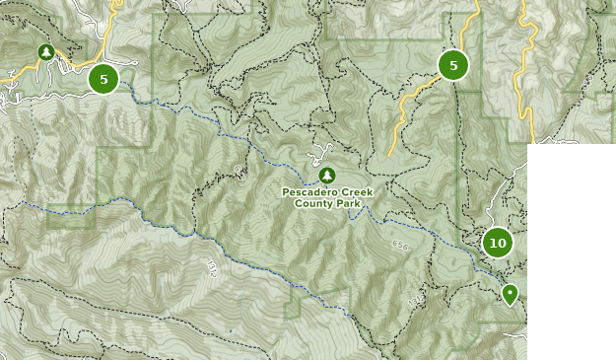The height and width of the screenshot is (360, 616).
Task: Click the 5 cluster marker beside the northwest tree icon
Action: [103, 78]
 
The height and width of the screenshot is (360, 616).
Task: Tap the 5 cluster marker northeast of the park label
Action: [453, 65]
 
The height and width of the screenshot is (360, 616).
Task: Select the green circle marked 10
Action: [498, 243]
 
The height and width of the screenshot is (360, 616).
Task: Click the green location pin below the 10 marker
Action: [510, 294]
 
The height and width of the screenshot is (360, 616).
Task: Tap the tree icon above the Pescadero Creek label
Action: [327, 175]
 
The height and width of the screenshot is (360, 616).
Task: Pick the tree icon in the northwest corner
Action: [45, 52]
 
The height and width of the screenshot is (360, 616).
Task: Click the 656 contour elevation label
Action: [399, 245]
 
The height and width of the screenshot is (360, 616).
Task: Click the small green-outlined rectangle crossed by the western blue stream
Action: [71, 216]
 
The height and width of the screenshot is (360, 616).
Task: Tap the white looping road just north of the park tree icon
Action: [318, 154]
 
